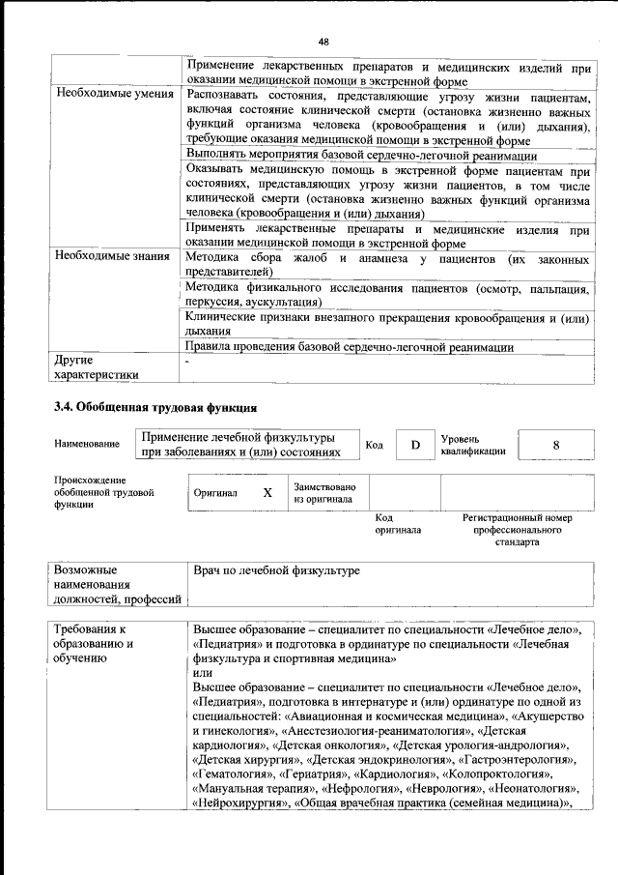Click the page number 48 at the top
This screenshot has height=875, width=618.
tap(323, 41)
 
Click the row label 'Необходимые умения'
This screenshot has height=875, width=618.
tap(114, 95)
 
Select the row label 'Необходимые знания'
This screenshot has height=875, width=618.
tap(113, 257)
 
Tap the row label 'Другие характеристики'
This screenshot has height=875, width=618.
tap(97, 366)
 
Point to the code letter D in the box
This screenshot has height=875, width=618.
tap(415, 445)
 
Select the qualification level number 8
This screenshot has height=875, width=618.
tap(556, 445)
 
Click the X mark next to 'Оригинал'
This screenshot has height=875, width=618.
tap(267, 492)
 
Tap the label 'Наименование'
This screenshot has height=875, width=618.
tap(87, 444)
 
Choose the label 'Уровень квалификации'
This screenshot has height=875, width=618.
tap(473, 444)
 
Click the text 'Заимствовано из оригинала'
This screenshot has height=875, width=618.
tap(324, 493)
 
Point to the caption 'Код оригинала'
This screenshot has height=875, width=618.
tap(398, 523)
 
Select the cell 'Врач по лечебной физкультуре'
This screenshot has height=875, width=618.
tap(276, 571)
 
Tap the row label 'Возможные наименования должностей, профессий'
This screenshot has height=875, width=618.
tap(117, 585)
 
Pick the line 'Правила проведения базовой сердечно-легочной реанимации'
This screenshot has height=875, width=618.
tap(350, 347)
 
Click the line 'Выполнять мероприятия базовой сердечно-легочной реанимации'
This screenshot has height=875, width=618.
tap(361, 156)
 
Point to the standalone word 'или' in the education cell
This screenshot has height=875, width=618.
tap(202, 672)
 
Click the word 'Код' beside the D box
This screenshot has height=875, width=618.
tap(375, 445)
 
